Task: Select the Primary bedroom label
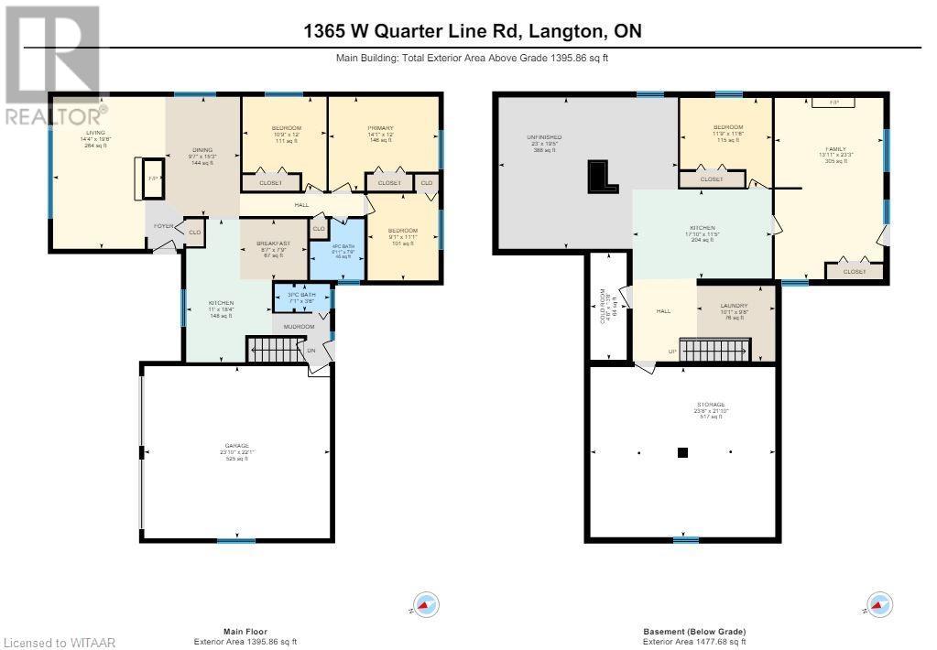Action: (x=380, y=128)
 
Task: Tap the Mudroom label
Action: (x=300, y=326)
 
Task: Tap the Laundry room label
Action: (x=733, y=307)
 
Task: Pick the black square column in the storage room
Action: (x=683, y=451)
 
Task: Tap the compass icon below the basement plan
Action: (x=878, y=604)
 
